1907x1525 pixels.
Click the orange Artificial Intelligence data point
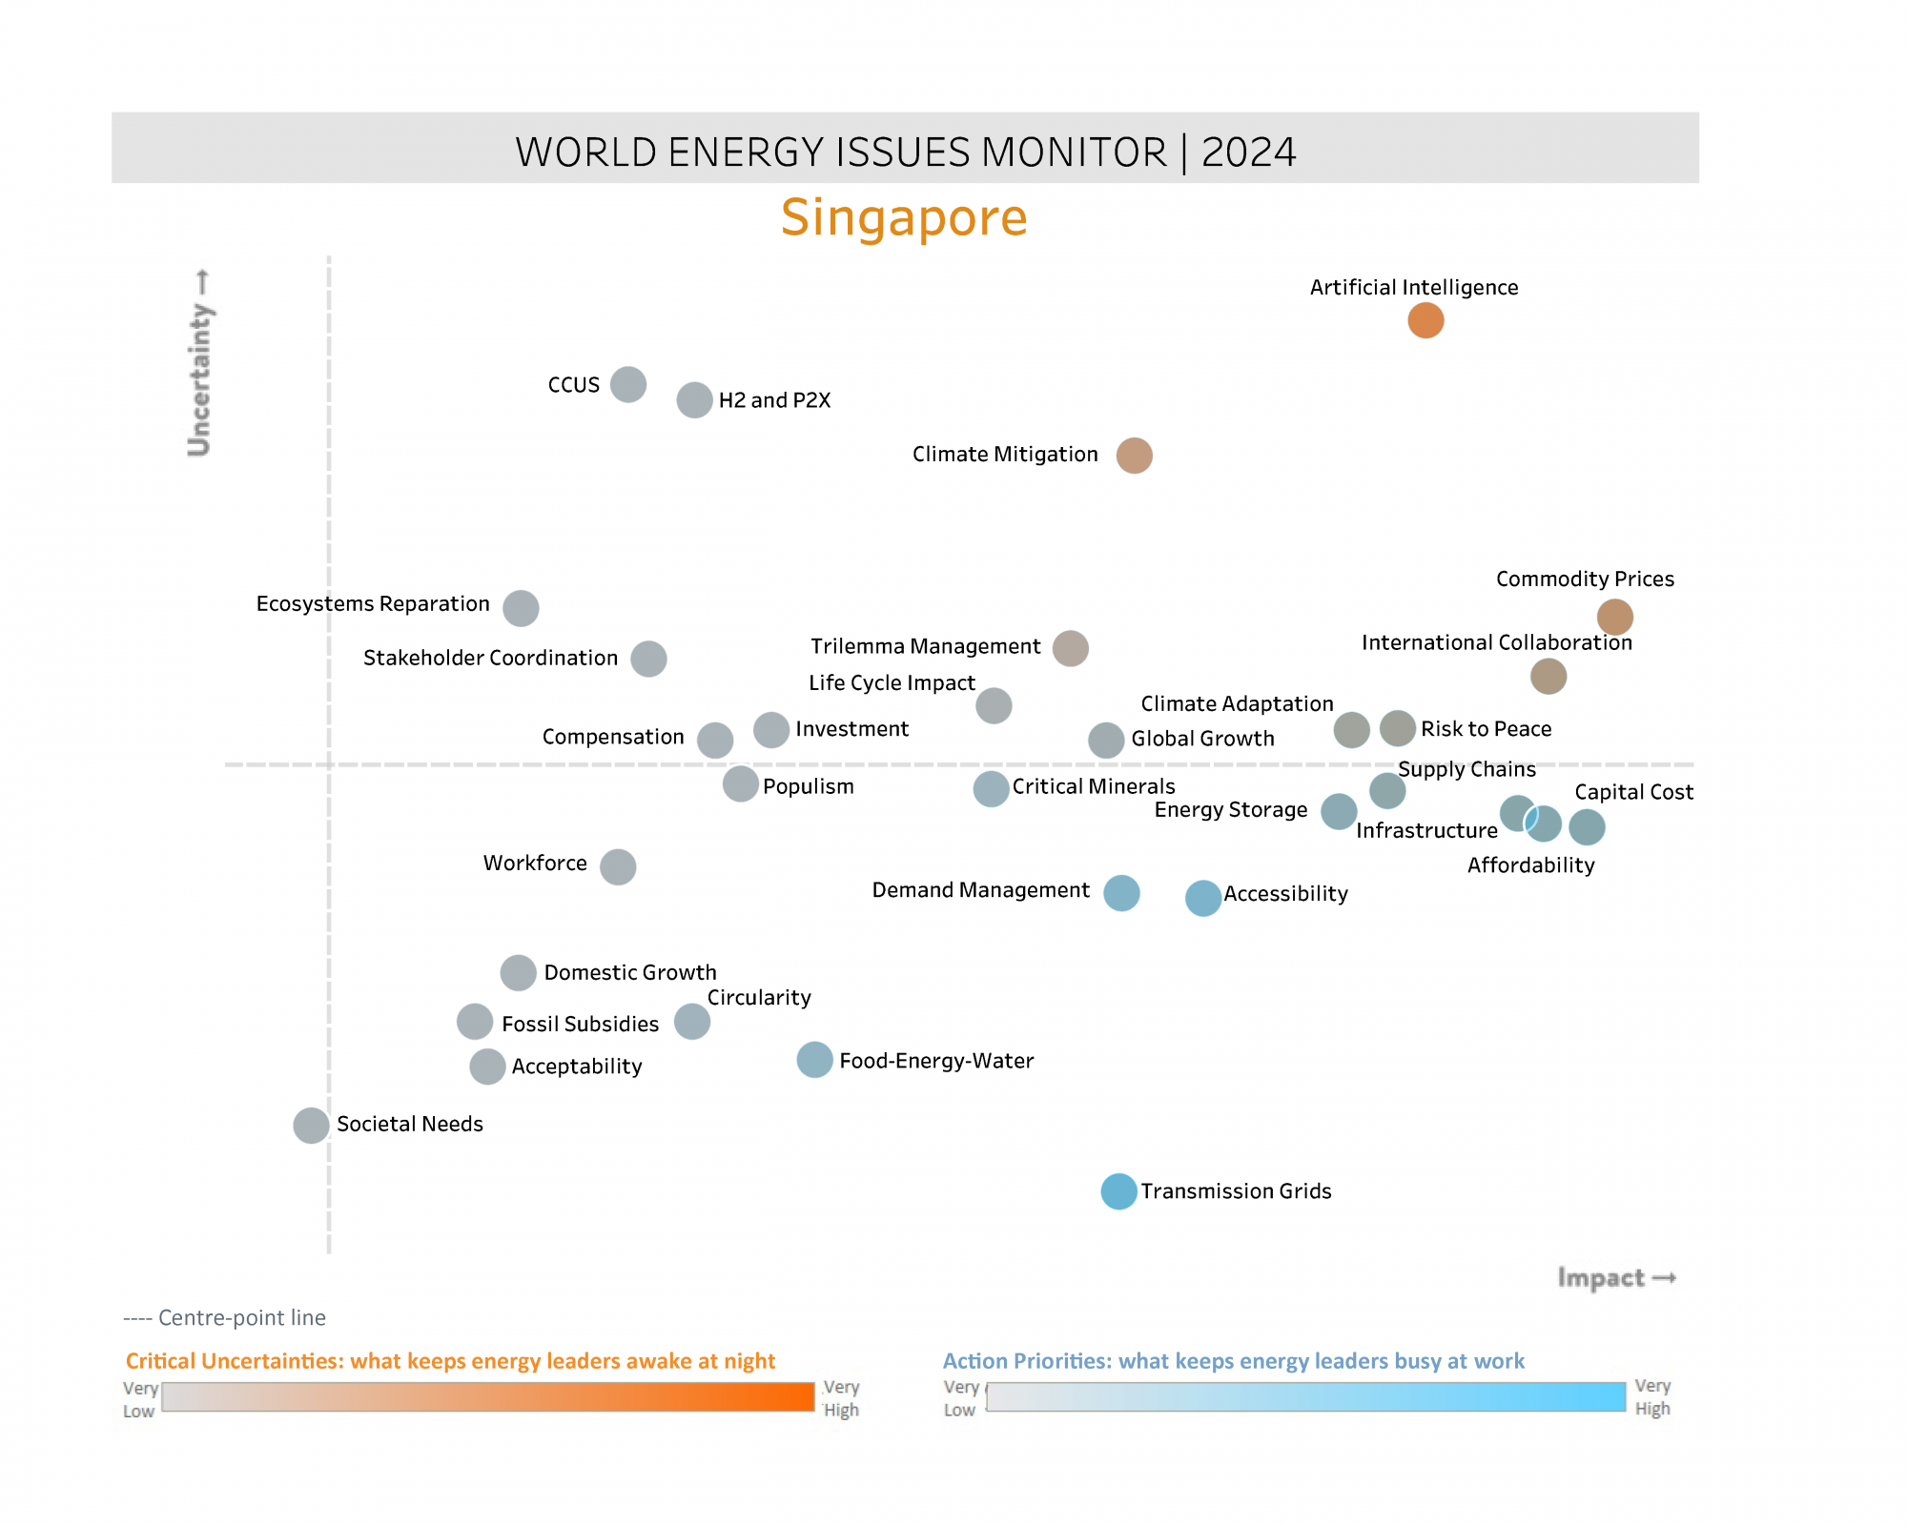pos(1425,320)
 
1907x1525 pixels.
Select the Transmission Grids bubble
pos(1118,1191)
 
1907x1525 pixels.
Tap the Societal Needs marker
pos(311,1126)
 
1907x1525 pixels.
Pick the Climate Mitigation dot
pos(1134,456)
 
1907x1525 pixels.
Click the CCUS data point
pos(628,384)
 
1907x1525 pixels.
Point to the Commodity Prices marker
pos(1614,617)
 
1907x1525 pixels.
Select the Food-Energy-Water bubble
pos(814,1060)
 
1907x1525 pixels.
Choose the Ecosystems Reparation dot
pos(521,608)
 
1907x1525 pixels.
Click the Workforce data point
pos(618,866)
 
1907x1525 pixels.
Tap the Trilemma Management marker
pos(1070,648)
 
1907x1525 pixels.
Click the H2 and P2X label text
pos(774,400)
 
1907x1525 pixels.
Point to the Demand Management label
pos(980,890)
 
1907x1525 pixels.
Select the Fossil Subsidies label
pos(580,1024)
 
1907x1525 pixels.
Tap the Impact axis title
pos(1615,1277)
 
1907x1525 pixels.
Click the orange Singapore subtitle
pos(904,217)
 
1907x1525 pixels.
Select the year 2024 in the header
pos(1248,152)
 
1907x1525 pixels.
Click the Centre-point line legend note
pos(225,1318)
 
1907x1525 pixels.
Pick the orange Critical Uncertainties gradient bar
pos(488,1397)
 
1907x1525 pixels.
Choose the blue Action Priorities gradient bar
pos(1305,1397)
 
